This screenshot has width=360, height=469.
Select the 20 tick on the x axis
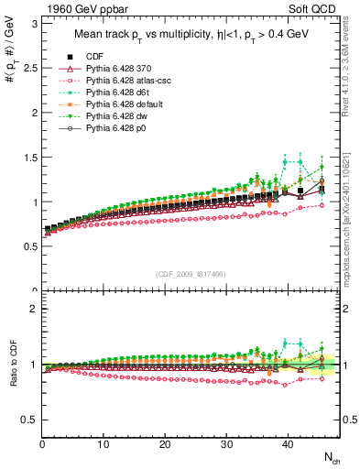(165, 444)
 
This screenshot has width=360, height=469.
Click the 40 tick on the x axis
(287, 444)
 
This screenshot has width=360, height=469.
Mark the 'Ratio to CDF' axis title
(14, 365)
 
